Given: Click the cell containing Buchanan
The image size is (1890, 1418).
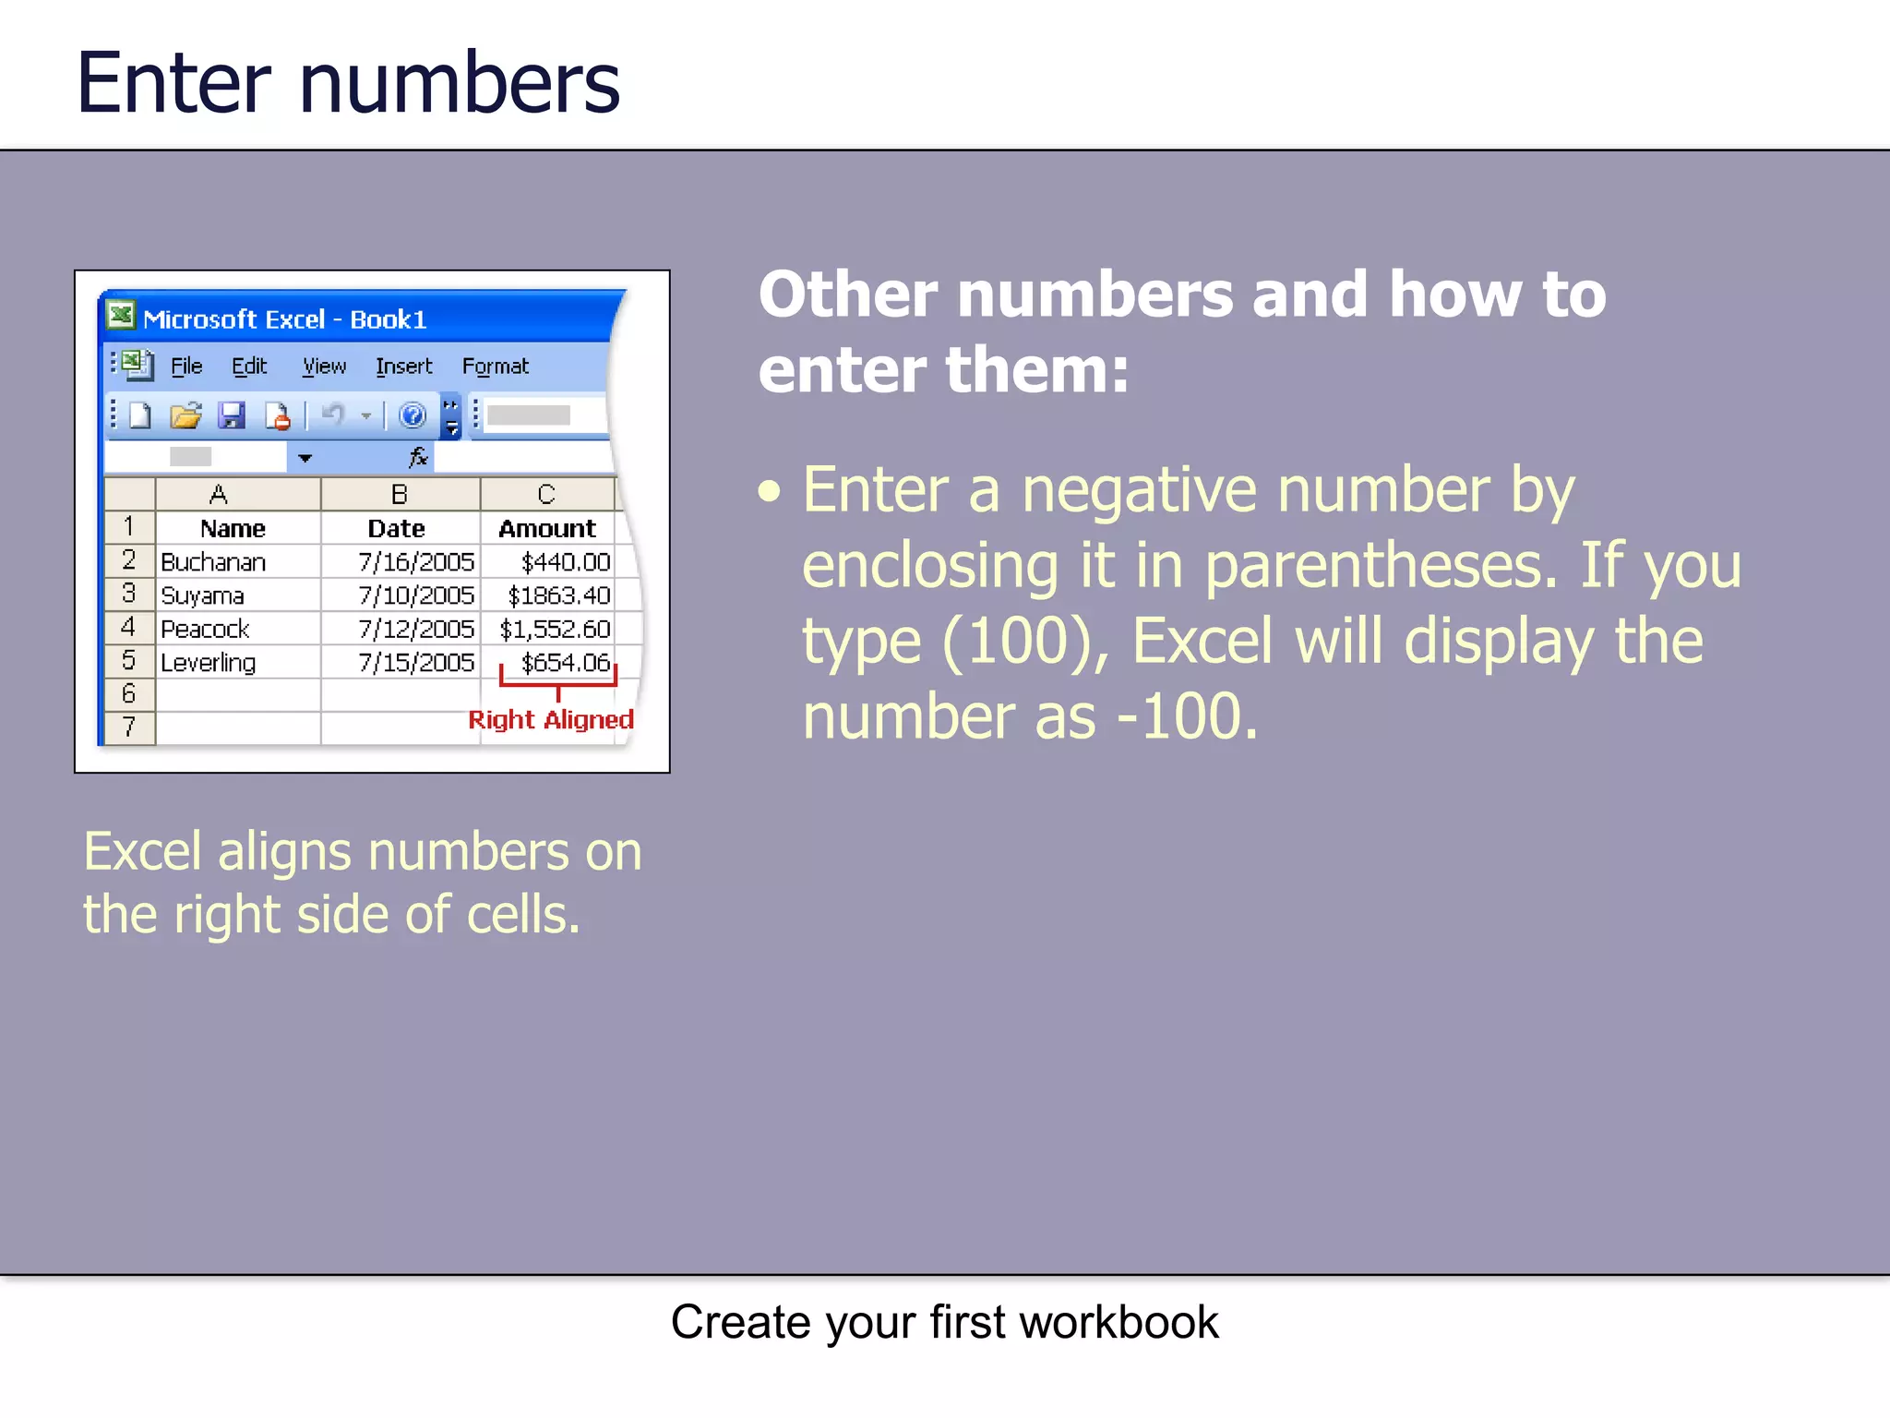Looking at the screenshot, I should coord(213,562).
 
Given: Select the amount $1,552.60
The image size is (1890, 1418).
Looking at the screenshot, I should coord(555,630).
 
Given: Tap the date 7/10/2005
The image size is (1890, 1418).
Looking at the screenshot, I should coord(415,595).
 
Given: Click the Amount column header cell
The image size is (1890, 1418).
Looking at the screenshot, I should coord(547,529).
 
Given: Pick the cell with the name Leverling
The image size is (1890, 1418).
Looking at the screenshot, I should coord(209,663).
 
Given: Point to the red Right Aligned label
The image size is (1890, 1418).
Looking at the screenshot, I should coord(551,720).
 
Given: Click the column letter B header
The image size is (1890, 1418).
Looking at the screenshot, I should coord(400,495).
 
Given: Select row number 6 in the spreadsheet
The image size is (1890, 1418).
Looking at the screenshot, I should coord(129,694).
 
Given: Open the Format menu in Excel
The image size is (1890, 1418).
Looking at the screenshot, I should coord(496,367).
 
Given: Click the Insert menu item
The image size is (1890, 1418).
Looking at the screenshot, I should coord(403,367).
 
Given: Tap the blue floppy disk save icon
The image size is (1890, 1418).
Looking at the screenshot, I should coord(232,415).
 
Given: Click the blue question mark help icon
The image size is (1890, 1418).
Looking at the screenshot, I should coord(413,415).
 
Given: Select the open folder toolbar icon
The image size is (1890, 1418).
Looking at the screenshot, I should coord(185,415).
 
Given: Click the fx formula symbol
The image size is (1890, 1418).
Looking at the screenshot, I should coord(418,457).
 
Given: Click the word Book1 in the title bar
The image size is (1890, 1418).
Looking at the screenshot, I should coord(389,319).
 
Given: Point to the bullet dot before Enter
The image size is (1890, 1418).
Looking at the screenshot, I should coord(770,491).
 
